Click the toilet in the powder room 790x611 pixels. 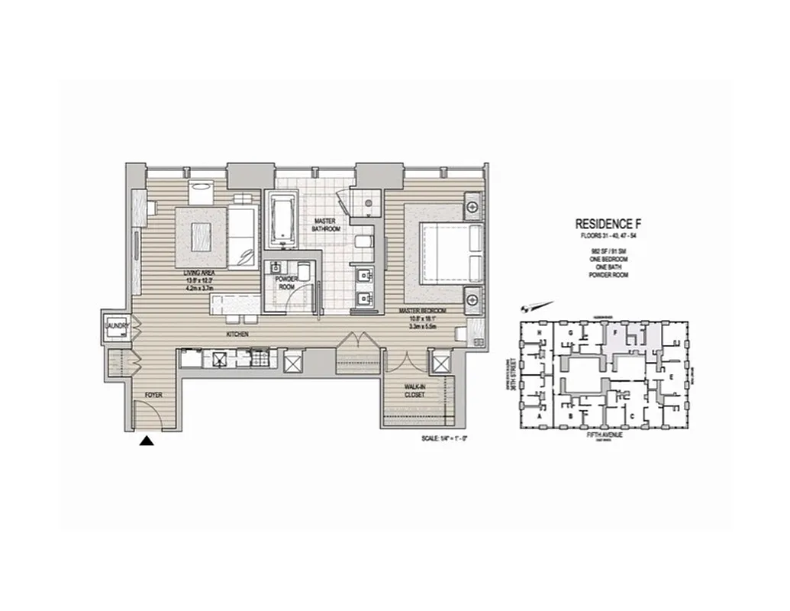tap(303, 273)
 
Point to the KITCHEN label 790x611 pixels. tap(236, 335)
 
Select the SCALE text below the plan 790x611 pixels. tap(443, 439)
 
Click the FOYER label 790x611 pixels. tap(154, 395)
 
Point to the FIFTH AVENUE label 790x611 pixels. tap(605, 435)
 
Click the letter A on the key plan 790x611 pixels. tap(540, 418)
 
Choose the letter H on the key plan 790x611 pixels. tap(540, 335)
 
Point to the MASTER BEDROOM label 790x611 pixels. tap(421, 311)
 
